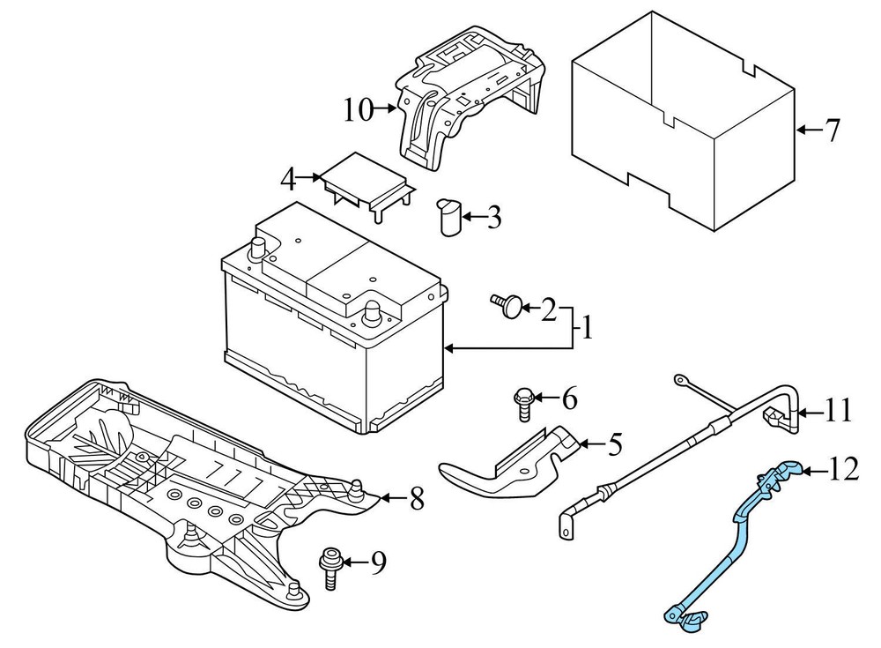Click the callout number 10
point(359,110)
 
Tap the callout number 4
point(286,179)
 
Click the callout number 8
point(416,500)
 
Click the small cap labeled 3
point(450,218)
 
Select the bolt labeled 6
point(520,405)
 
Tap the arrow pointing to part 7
point(806,130)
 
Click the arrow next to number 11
point(810,411)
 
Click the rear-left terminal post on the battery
point(262,248)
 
